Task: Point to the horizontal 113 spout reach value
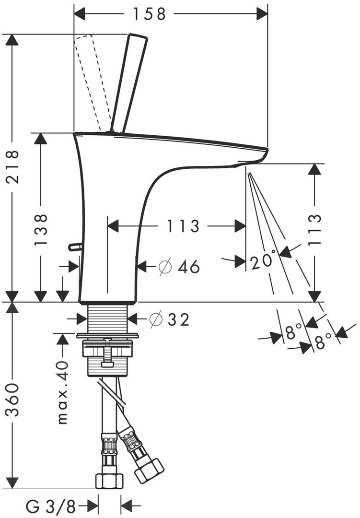(x=183, y=226)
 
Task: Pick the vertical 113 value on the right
(x=314, y=229)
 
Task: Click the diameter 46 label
(x=178, y=267)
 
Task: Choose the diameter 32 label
(x=169, y=319)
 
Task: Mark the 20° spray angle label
(x=263, y=262)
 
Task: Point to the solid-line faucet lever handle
(x=129, y=82)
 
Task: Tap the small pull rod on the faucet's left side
(x=75, y=247)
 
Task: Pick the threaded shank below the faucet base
(x=108, y=317)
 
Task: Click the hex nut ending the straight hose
(x=109, y=480)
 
